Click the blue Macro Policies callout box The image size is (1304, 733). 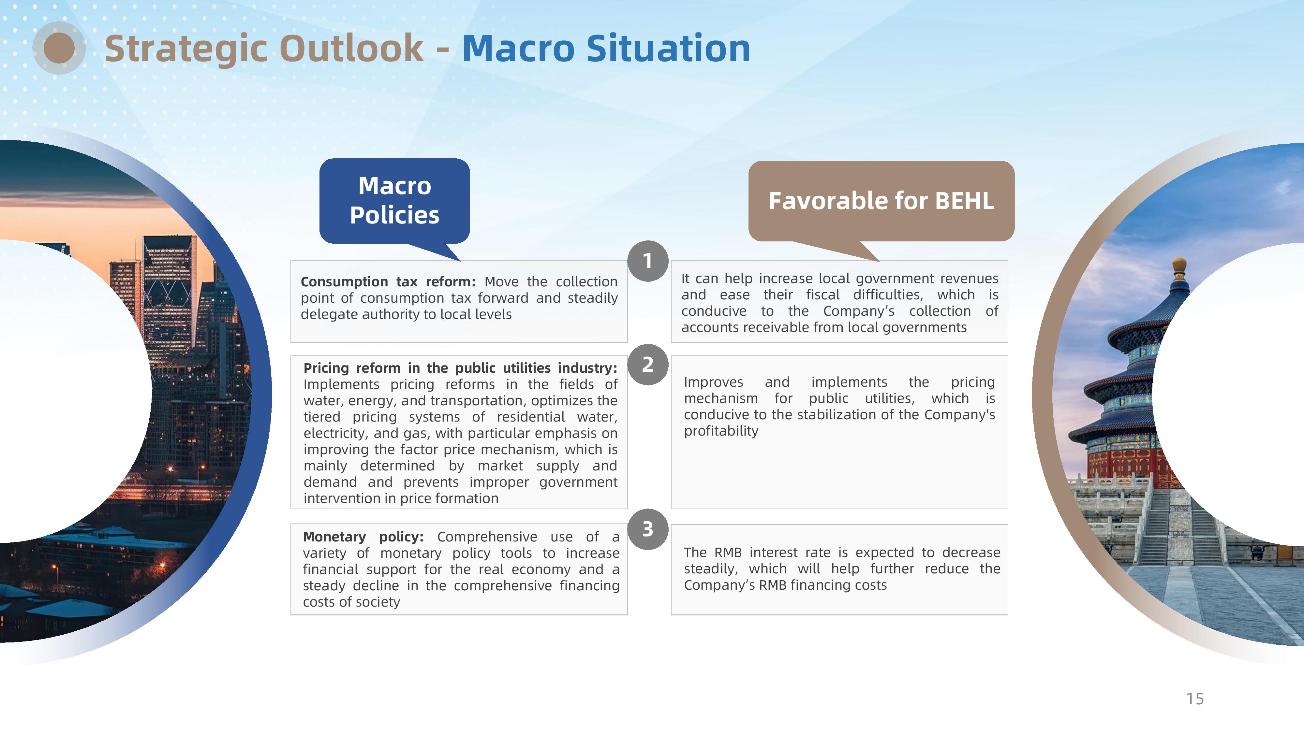tap(394, 201)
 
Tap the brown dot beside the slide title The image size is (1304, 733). tap(59, 48)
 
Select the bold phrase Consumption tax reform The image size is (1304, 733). tap(388, 282)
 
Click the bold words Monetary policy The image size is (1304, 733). tap(363, 537)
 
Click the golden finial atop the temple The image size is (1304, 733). tap(1179, 266)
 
